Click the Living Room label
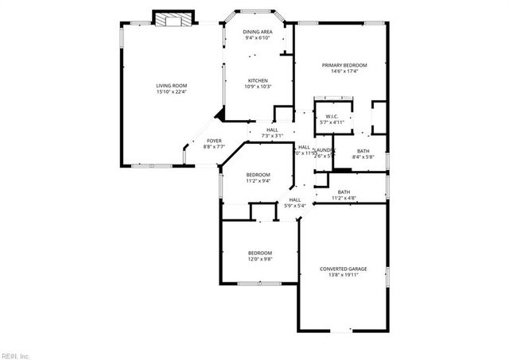click(x=170, y=86)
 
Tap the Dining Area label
click(x=257, y=32)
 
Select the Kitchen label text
click(x=257, y=80)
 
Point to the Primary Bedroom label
click(x=344, y=65)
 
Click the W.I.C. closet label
click(x=332, y=116)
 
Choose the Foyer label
click(x=215, y=141)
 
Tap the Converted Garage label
click(x=344, y=269)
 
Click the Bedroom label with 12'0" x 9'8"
click(x=259, y=253)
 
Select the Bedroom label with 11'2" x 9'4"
click(x=257, y=175)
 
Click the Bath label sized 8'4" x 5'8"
click(x=363, y=151)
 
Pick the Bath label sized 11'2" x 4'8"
click(x=344, y=192)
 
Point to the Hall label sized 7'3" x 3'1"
click(x=272, y=130)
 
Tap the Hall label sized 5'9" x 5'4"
click(x=295, y=199)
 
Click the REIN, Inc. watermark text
click(x=15, y=355)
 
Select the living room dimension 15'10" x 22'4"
click(x=170, y=92)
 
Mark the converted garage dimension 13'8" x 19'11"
click(x=344, y=275)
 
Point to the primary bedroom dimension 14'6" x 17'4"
click(x=344, y=72)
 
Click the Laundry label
click(x=324, y=149)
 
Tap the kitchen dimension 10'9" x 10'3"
click(x=257, y=87)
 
